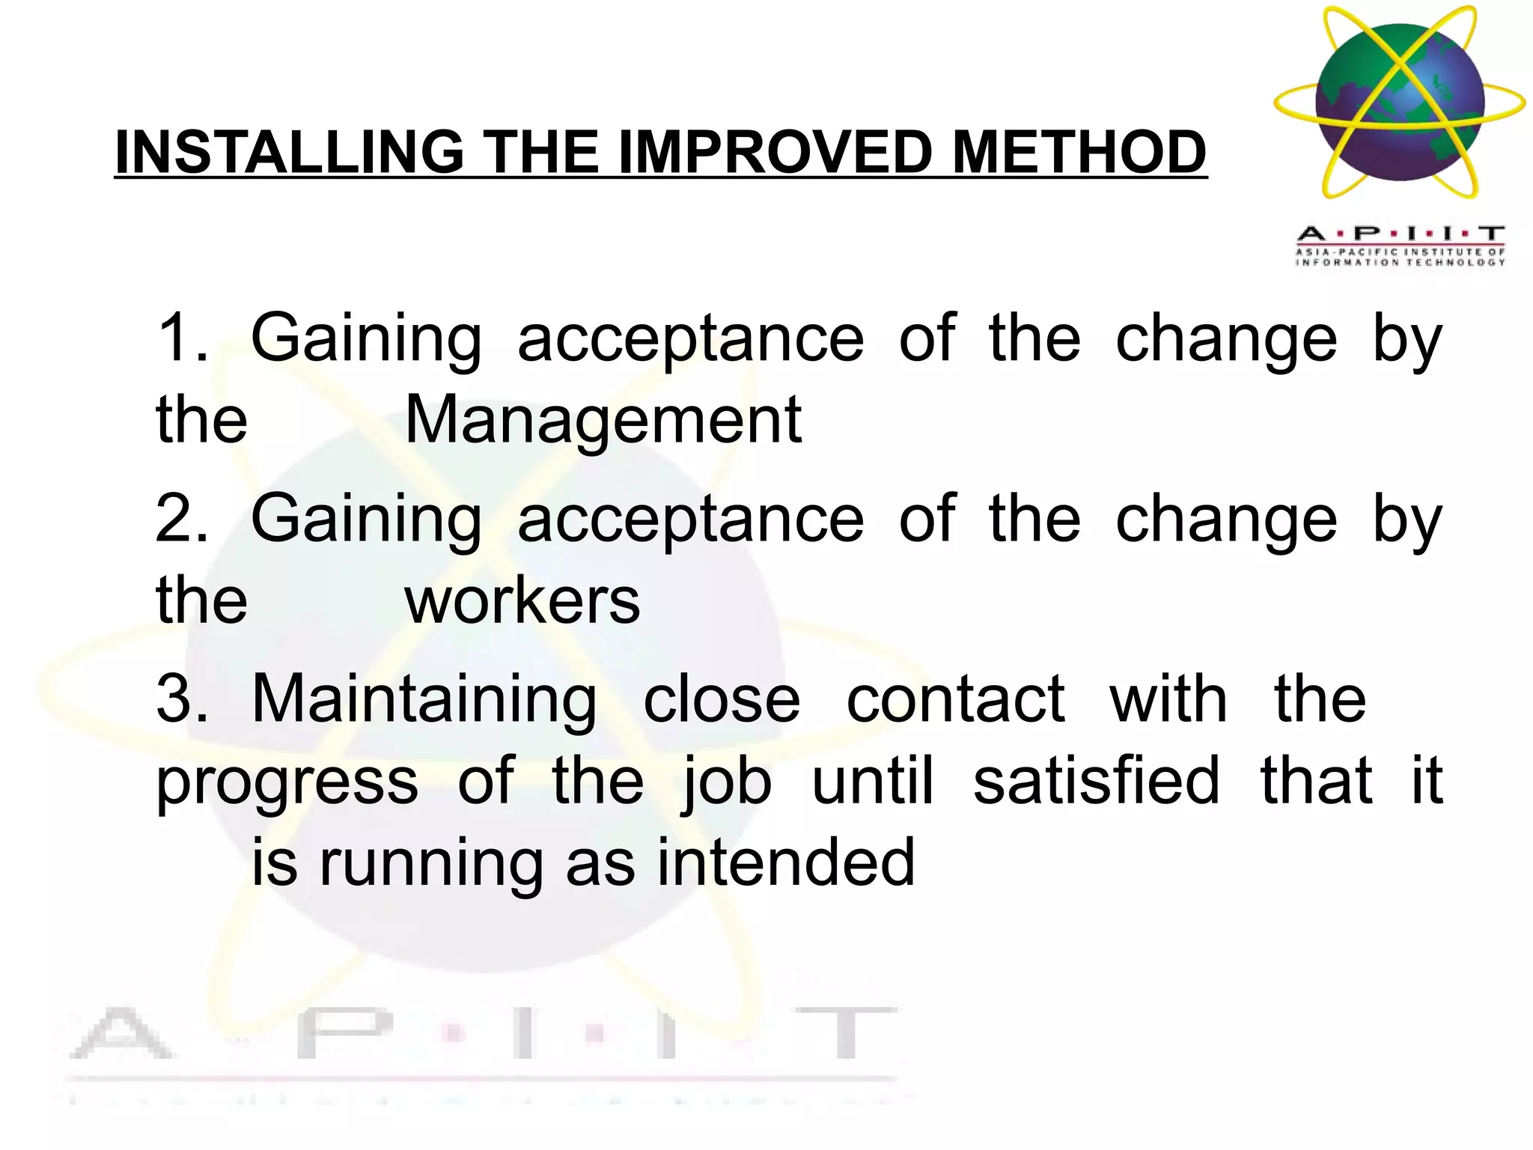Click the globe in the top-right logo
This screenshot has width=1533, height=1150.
(1400, 103)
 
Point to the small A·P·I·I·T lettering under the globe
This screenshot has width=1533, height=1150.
(1401, 234)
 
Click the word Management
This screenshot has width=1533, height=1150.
(603, 421)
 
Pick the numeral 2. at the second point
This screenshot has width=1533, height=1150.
(182, 519)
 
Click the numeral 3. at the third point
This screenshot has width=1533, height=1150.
(182, 699)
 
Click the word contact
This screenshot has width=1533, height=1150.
(955, 699)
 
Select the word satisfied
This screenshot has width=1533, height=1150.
(1097, 781)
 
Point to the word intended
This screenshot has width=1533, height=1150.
(786, 862)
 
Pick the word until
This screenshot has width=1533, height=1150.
(873, 781)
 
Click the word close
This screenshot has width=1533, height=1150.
(722, 699)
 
